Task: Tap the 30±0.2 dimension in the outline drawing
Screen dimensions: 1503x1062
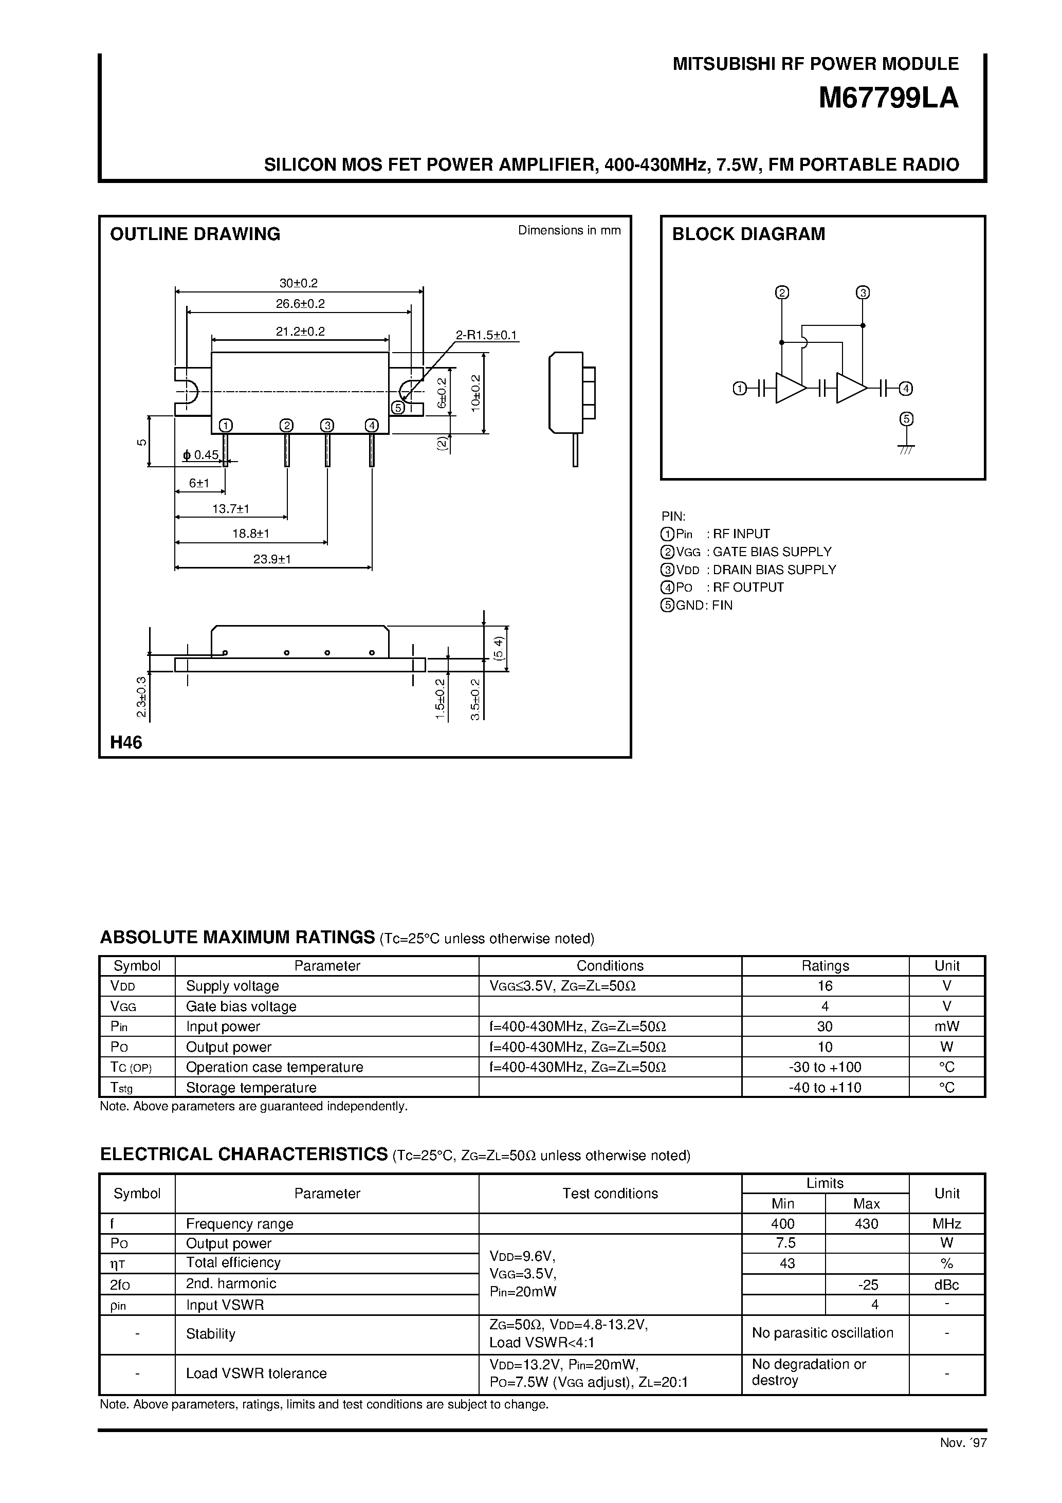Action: [x=298, y=283]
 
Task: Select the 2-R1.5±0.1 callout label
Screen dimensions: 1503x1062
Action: [x=486, y=335]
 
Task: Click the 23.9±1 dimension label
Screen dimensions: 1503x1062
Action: [x=272, y=559]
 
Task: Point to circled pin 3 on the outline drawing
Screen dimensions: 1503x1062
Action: [x=327, y=426]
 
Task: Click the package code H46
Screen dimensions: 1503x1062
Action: [x=126, y=742]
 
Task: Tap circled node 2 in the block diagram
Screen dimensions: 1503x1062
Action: [x=781, y=292]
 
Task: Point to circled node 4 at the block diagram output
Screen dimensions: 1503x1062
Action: [x=906, y=388]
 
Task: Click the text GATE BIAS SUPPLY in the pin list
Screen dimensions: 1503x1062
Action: [x=772, y=552]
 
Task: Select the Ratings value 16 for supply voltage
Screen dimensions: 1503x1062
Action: [x=825, y=986]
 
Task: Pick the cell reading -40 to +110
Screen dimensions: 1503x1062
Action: [x=825, y=1087]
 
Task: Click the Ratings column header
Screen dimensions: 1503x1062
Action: [x=825, y=965]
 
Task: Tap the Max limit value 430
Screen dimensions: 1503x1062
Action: [x=866, y=1223]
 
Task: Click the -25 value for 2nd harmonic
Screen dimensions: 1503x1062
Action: [x=866, y=1284]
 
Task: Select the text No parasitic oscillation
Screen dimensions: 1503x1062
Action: [x=822, y=1333]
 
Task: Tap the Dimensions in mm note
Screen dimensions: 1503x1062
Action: [x=569, y=230]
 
